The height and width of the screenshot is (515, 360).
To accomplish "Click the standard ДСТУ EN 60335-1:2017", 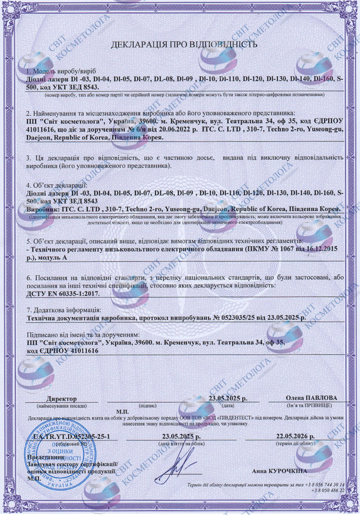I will (x=63, y=293).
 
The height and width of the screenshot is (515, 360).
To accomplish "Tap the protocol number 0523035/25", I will (x=240, y=318).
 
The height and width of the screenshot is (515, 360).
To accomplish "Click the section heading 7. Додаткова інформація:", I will (x=64, y=310).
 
